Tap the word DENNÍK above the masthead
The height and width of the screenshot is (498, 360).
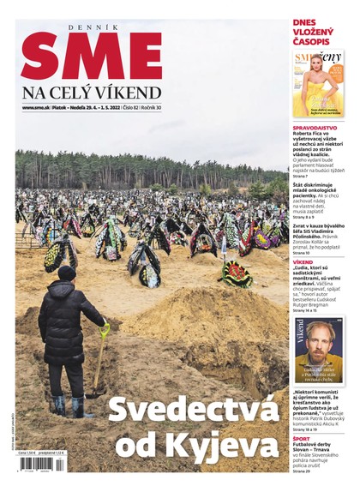(x=92, y=27)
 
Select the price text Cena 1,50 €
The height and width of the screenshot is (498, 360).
(x=30, y=454)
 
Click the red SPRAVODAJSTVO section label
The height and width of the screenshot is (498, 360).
(x=315, y=128)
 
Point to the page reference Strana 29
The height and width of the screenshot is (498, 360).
(x=301, y=471)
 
